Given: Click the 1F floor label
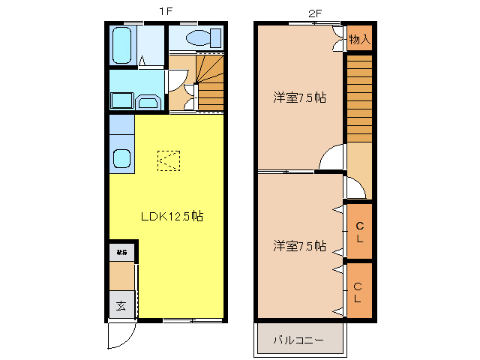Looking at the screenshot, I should [166, 11].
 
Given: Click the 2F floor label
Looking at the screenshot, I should [314, 11].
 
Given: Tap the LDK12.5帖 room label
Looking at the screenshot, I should [172, 216].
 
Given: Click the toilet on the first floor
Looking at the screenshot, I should [202, 37].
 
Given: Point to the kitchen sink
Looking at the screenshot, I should [121, 159].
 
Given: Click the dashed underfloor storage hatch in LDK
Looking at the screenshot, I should [168, 160].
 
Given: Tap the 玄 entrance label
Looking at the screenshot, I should [121, 305].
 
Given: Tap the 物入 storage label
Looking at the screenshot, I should [360, 38].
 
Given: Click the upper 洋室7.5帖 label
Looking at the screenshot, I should [299, 97].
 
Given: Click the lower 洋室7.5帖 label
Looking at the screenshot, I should [299, 246].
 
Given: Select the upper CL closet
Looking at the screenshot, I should [359, 232].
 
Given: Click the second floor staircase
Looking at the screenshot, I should [359, 97].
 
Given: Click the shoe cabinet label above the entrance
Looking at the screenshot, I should [121, 252].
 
